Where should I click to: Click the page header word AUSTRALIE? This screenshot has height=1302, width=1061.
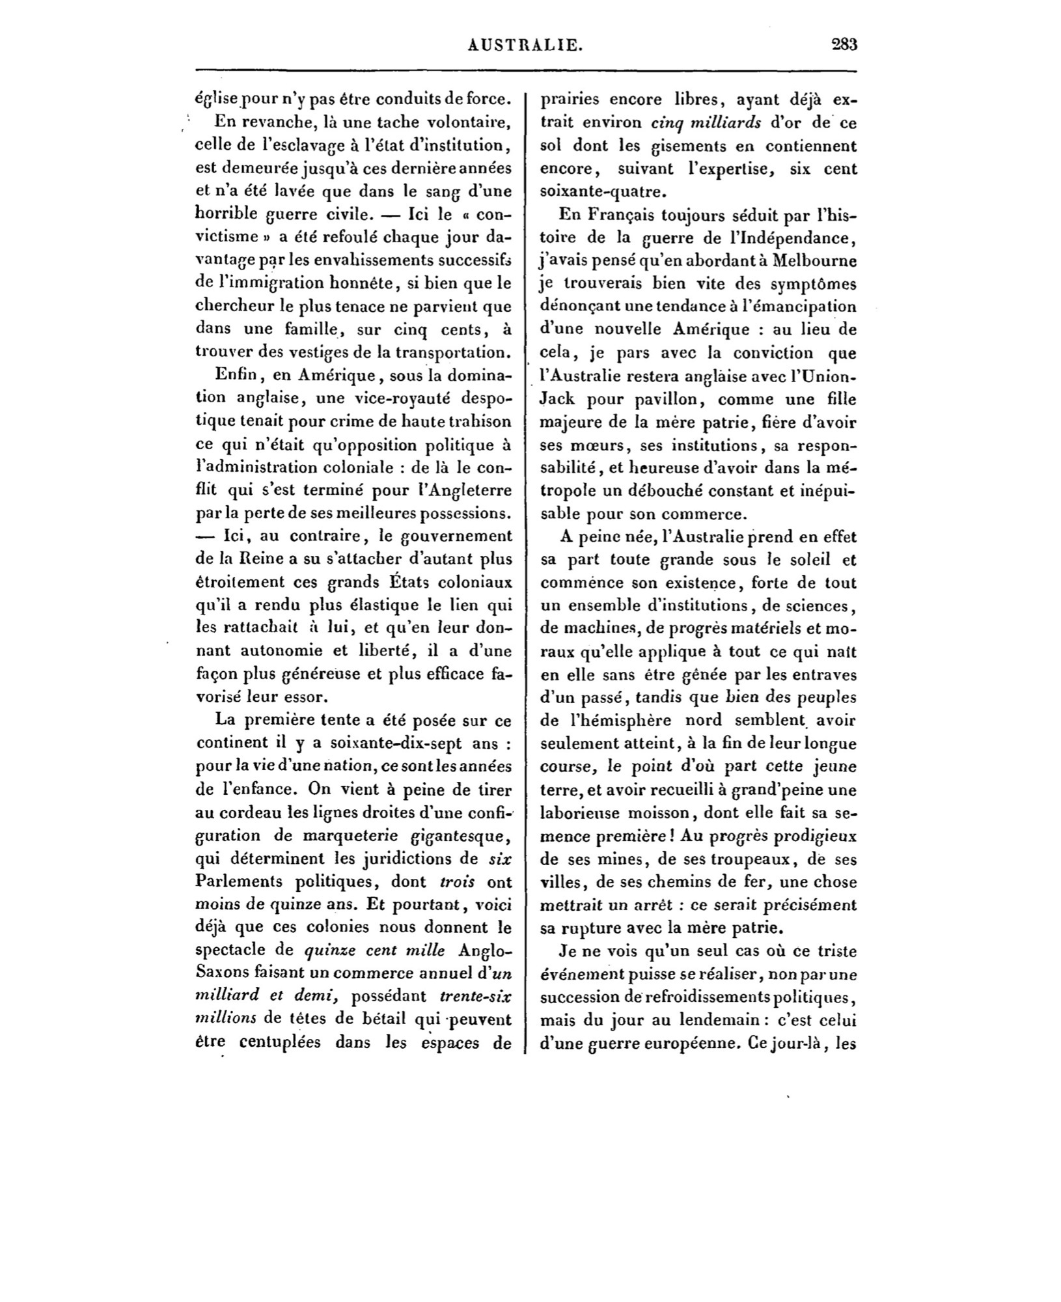click(525, 45)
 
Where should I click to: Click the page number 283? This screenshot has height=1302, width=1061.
click(844, 45)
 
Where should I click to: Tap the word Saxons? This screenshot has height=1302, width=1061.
click(225, 973)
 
